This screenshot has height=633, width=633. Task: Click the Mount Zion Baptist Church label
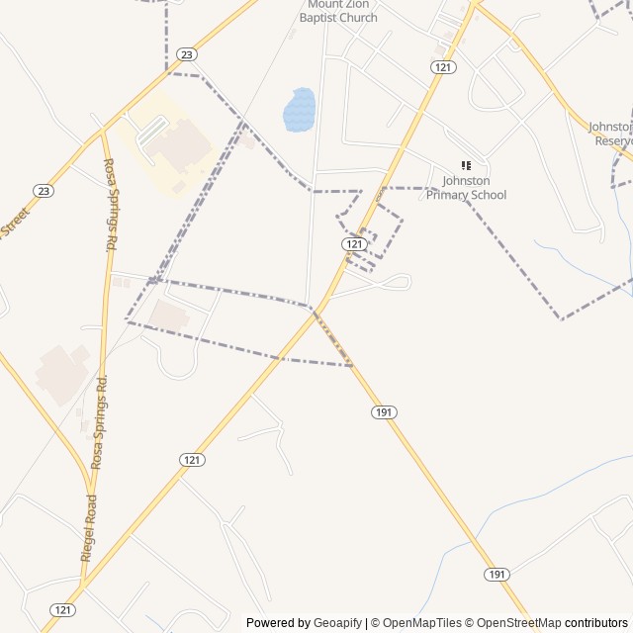tap(342, 11)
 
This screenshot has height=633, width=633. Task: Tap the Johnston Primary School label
tap(467, 188)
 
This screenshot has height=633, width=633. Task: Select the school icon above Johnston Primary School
tap(466, 165)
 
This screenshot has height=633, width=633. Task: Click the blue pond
tap(299, 109)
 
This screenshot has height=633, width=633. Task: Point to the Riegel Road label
tap(88, 528)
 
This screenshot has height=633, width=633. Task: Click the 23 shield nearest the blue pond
tap(186, 53)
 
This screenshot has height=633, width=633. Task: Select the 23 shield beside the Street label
tap(43, 190)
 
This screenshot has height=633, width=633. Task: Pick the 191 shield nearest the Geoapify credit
tap(497, 575)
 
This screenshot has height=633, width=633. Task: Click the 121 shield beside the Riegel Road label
tap(63, 610)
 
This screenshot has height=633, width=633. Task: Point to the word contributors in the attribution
tap(596, 623)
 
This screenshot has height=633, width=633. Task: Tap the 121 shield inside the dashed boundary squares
tap(355, 243)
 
